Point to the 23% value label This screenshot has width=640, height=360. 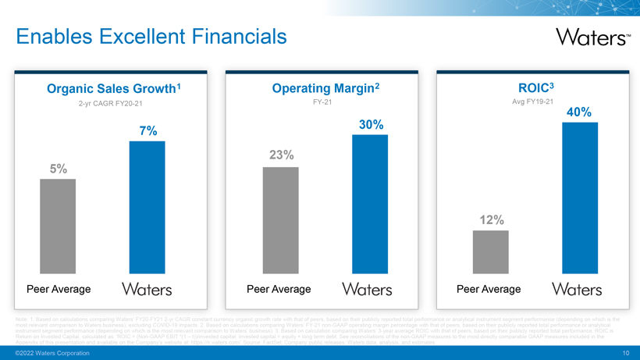281,155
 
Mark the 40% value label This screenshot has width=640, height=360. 578,112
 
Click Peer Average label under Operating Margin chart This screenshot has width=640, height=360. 279,290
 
